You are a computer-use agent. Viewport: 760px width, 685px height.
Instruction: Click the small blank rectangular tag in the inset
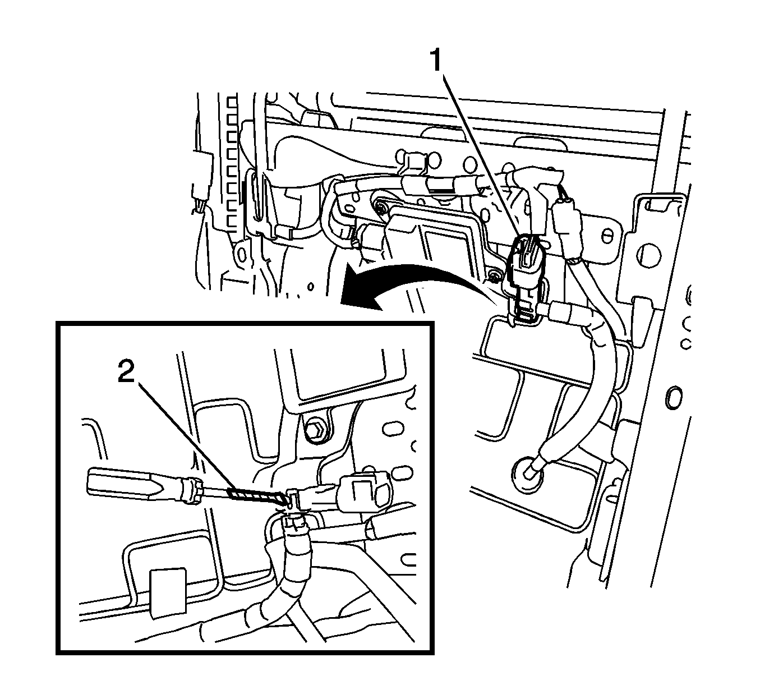click(169, 592)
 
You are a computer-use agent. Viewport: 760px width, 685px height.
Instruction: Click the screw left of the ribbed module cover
click(383, 209)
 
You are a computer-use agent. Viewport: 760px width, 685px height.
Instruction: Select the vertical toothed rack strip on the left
click(229, 163)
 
